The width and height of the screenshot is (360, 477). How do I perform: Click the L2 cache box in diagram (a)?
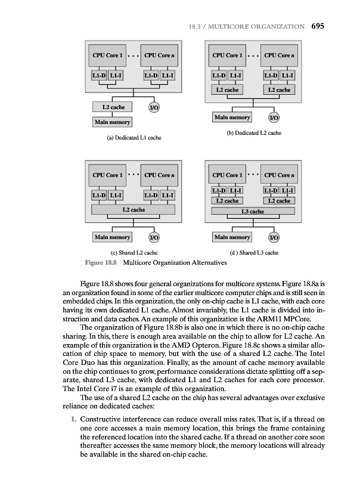click(113, 107)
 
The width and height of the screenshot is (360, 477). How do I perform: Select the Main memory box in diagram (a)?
click(112, 122)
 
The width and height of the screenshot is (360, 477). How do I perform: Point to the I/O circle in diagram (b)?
click(274, 117)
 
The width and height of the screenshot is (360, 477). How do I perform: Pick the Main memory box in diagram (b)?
click(232, 117)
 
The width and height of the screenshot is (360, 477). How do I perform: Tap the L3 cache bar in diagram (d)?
click(252, 211)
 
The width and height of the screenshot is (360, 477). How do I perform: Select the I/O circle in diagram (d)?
click(274, 237)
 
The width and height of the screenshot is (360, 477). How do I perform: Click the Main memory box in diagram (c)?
click(112, 237)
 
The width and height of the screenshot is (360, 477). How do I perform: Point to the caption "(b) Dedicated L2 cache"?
click(254, 132)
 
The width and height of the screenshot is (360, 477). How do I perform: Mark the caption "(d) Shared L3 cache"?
click(254, 253)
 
